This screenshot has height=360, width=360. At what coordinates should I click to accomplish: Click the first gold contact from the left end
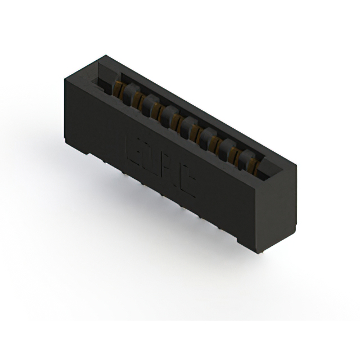click(x=119, y=89)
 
